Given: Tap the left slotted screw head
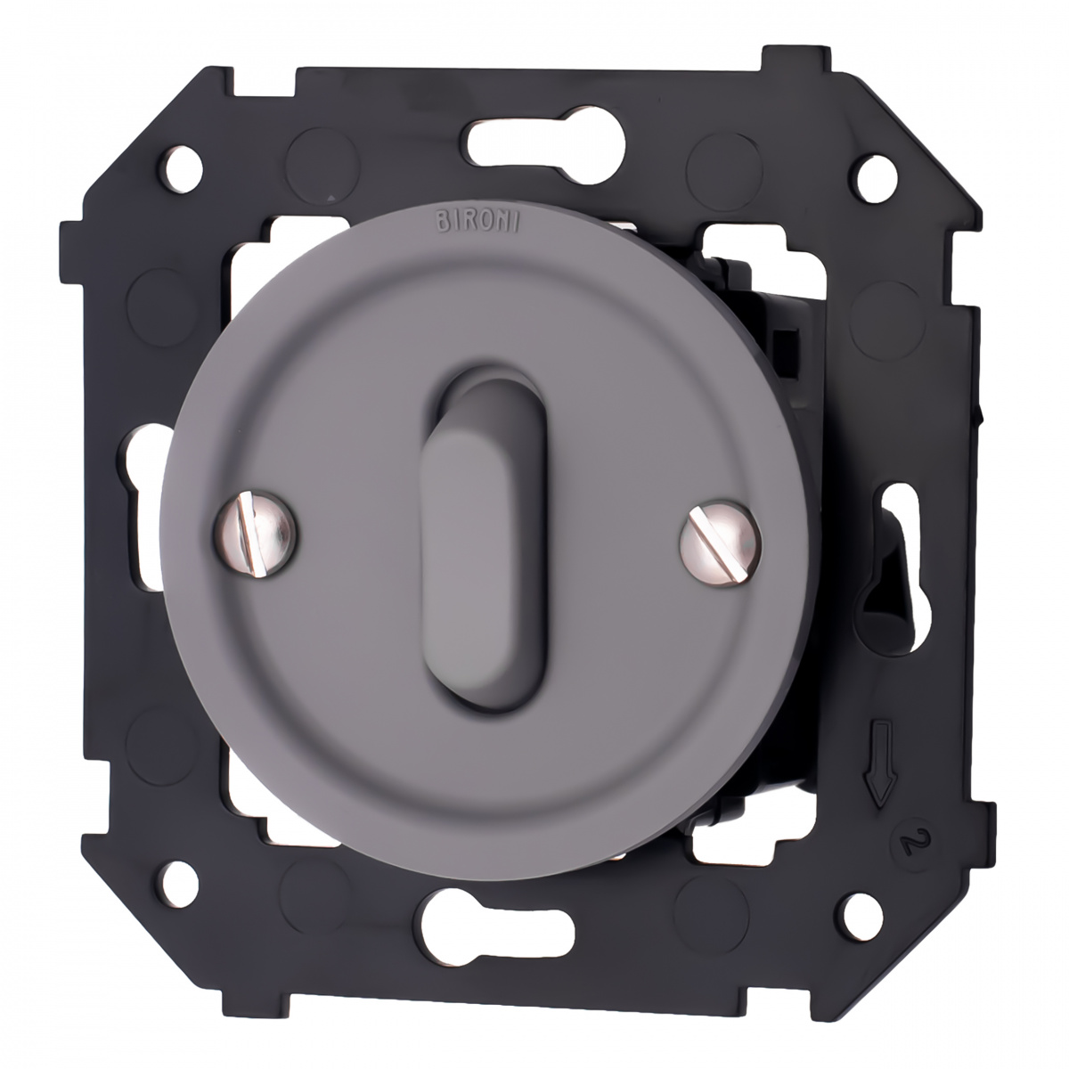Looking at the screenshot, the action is (x=255, y=534).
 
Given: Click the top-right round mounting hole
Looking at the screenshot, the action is (x=877, y=179).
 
